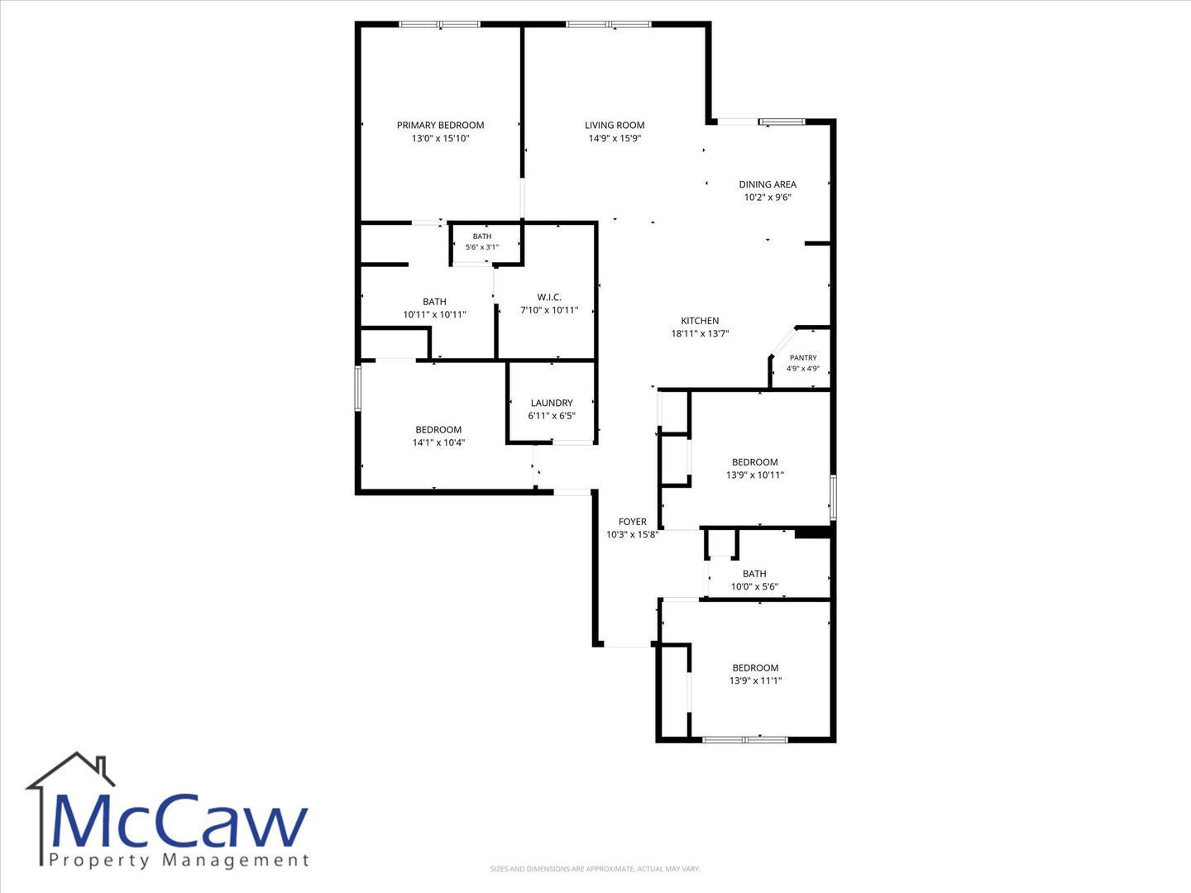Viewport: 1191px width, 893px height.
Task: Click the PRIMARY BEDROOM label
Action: (x=440, y=125)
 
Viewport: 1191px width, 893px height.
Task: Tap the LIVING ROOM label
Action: (x=615, y=125)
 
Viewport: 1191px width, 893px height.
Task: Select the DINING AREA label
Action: (x=768, y=184)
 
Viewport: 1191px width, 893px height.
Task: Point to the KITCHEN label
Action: (x=700, y=321)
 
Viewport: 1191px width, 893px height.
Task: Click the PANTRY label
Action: (x=803, y=358)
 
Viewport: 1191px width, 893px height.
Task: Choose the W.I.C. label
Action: (x=549, y=297)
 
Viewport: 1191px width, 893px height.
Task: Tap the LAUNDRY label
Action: (x=552, y=403)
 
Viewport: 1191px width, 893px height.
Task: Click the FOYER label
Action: (x=632, y=522)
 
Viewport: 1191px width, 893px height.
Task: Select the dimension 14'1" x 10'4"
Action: (x=438, y=442)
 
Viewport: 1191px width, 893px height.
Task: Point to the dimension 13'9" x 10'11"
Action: (x=755, y=475)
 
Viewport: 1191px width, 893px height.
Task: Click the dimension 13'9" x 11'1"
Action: (x=755, y=680)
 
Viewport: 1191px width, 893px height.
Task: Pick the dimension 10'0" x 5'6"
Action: (x=754, y=587)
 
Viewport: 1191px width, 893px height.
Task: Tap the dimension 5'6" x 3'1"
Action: (x=482, y=247)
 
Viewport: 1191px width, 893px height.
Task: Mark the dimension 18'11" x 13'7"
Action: (x=700, y=334)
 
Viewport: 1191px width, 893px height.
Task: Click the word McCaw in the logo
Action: (x=179, y=822)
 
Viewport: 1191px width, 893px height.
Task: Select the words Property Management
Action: (x=179, y=861)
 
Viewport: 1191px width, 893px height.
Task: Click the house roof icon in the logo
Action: (x=70, y=771)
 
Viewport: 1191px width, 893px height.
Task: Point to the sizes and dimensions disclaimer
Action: (x=595, y=869)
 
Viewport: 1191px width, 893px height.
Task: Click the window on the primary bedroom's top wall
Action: (x=439, y=25)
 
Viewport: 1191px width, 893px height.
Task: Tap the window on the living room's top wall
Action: (x=608, y=25)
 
